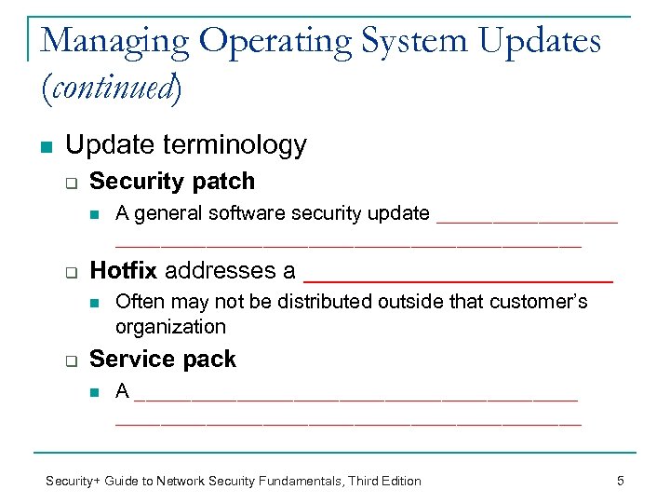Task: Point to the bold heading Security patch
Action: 171,181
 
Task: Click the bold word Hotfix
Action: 124,271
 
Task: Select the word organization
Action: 170,327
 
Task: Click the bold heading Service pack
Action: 162,359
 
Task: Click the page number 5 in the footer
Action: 620,481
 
